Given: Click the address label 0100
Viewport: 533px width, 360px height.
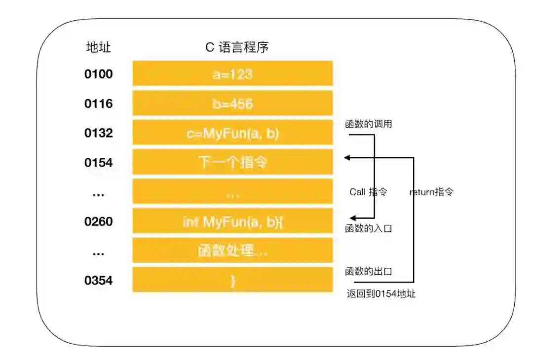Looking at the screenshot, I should pyautogui.click(x=99, y=74).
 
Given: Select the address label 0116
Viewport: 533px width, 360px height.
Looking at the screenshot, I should pyautogui.click(x=99, y=104).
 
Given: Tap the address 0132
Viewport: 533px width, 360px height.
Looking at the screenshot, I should pyautogui.click(x=99, y=133).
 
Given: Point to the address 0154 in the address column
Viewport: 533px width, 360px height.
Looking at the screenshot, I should pyautogui.click(x=99, y=163).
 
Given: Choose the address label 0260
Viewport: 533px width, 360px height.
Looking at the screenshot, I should pyautogui.click(x=99, y=222).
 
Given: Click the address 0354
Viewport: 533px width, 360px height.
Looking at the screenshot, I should pyautogui.click(x=99, y=281).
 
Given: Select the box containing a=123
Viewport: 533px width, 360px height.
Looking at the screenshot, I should pyautogui.click(x=232, y=74).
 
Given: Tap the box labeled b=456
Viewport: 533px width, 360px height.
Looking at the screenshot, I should pyautogui.click(x=232, y=104).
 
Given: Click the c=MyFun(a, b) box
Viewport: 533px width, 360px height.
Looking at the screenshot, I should pyautogui.click(x=232, y=133).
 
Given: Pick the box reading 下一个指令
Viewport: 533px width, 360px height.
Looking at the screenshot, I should pyautogui.click(x=232, y=162).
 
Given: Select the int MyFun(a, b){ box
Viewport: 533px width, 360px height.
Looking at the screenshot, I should pyautogui.click(x=232, y=222).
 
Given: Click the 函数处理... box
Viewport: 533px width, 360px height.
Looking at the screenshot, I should pyautogui.click(x=232, y=251).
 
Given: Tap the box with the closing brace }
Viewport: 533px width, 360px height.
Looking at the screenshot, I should pyautogui.click(x=232, y=281).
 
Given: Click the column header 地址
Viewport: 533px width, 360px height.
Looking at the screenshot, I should pyautogui.click(x=99, y=47).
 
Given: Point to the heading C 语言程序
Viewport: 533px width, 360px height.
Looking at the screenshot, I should pyautogui.click(x=237, y=47).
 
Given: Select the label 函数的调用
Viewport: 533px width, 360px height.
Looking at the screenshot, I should pyautogui.click(x=369, y=124).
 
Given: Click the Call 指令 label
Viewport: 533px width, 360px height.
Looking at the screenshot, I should pyautogui.click(x=368, y=192).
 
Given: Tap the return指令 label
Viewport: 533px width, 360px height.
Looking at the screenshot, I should pyautogui.click(x=431, y=192).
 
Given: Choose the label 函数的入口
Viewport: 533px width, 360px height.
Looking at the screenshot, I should pyautogui.click(x=369, y=228).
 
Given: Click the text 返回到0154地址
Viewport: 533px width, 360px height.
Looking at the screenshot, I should pyautogui.click(x=381, y=294).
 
